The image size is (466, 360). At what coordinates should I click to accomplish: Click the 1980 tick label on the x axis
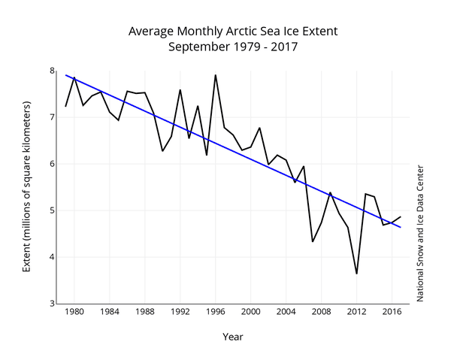[x=74, y=312]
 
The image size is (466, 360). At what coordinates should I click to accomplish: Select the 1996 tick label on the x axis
[x=216, y=312]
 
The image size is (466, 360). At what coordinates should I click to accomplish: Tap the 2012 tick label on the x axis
[x=356, y=312]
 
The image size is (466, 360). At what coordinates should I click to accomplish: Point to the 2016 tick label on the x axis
[x=392, y=312]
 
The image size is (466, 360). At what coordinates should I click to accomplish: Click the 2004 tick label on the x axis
[x=286, y=312]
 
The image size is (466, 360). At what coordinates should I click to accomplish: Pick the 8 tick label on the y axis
[x=53, y=71]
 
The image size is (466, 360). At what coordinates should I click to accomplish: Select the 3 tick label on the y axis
[x=53, y=304]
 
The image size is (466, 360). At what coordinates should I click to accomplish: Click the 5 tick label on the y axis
[x=53, y=210]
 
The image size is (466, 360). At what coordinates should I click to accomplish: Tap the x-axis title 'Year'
[x=233, y=337]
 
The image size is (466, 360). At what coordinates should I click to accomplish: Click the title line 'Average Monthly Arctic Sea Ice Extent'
[x=233, y=32]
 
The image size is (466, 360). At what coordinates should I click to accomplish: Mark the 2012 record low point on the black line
[x=356, y=274]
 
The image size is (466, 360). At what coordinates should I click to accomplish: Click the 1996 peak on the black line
[x=216, y=74]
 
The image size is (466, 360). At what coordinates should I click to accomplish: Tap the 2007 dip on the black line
[x=313, y=241]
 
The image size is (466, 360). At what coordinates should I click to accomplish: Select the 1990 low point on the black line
[x=162, y=151]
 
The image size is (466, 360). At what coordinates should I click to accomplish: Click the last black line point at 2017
[x=401, y=216]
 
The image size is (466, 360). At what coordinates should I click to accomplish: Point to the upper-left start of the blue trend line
[x=65, y=74]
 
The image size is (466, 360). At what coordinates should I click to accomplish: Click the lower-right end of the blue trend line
[x=401, y=227]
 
